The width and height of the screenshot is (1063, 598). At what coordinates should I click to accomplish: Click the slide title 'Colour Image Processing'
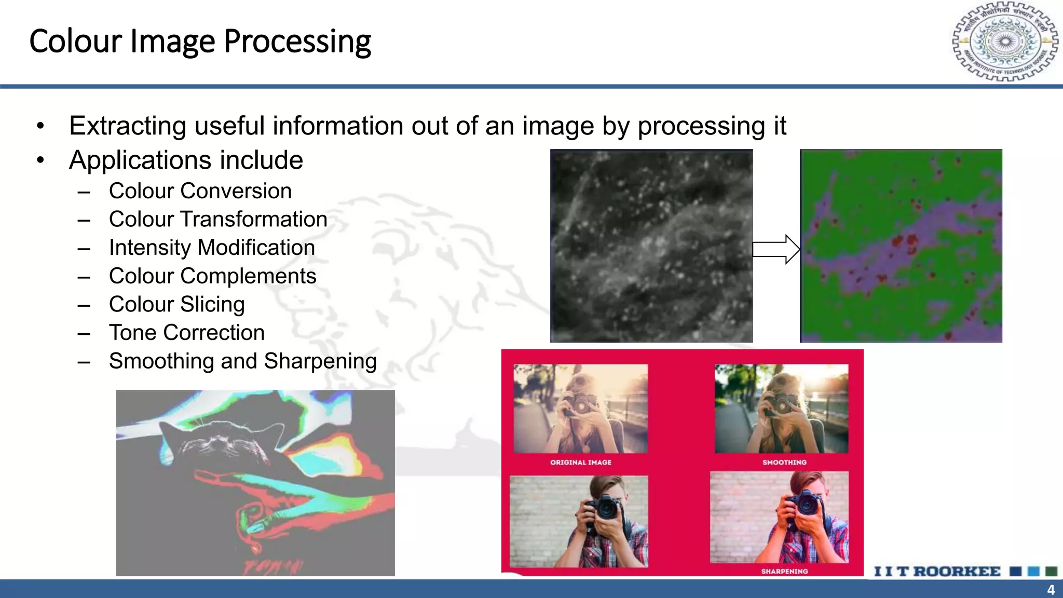coord(200,42)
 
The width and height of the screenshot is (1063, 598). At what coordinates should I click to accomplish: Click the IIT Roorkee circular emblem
coord(1005,42)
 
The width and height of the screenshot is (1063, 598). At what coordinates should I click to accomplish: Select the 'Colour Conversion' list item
coord(200,191)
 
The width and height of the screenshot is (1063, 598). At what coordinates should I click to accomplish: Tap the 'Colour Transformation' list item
coord(218,220)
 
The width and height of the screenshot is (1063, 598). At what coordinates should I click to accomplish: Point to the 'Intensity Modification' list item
coord(212,248)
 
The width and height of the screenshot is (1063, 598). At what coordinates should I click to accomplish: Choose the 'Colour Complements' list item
coord(212,276)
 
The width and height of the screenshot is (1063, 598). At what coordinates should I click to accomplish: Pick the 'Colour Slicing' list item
coord(176,304)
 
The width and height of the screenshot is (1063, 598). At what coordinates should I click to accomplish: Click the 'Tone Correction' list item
coord(187,333)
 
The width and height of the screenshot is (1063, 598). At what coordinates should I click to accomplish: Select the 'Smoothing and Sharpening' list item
coord(242,361)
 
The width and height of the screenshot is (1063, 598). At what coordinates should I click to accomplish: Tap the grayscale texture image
coord(651,246)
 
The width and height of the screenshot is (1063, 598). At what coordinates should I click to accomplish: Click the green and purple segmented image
coord(901,246)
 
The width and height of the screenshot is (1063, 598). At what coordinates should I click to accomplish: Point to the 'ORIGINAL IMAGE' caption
coord(581,462)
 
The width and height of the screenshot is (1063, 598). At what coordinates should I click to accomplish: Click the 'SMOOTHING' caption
coord(784,462)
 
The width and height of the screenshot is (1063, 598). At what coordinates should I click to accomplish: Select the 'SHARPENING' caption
coord(784,571)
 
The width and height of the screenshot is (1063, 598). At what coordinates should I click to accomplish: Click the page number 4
coord(1051,590)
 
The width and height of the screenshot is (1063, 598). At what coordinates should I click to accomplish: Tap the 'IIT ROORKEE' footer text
coord(937,572)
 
